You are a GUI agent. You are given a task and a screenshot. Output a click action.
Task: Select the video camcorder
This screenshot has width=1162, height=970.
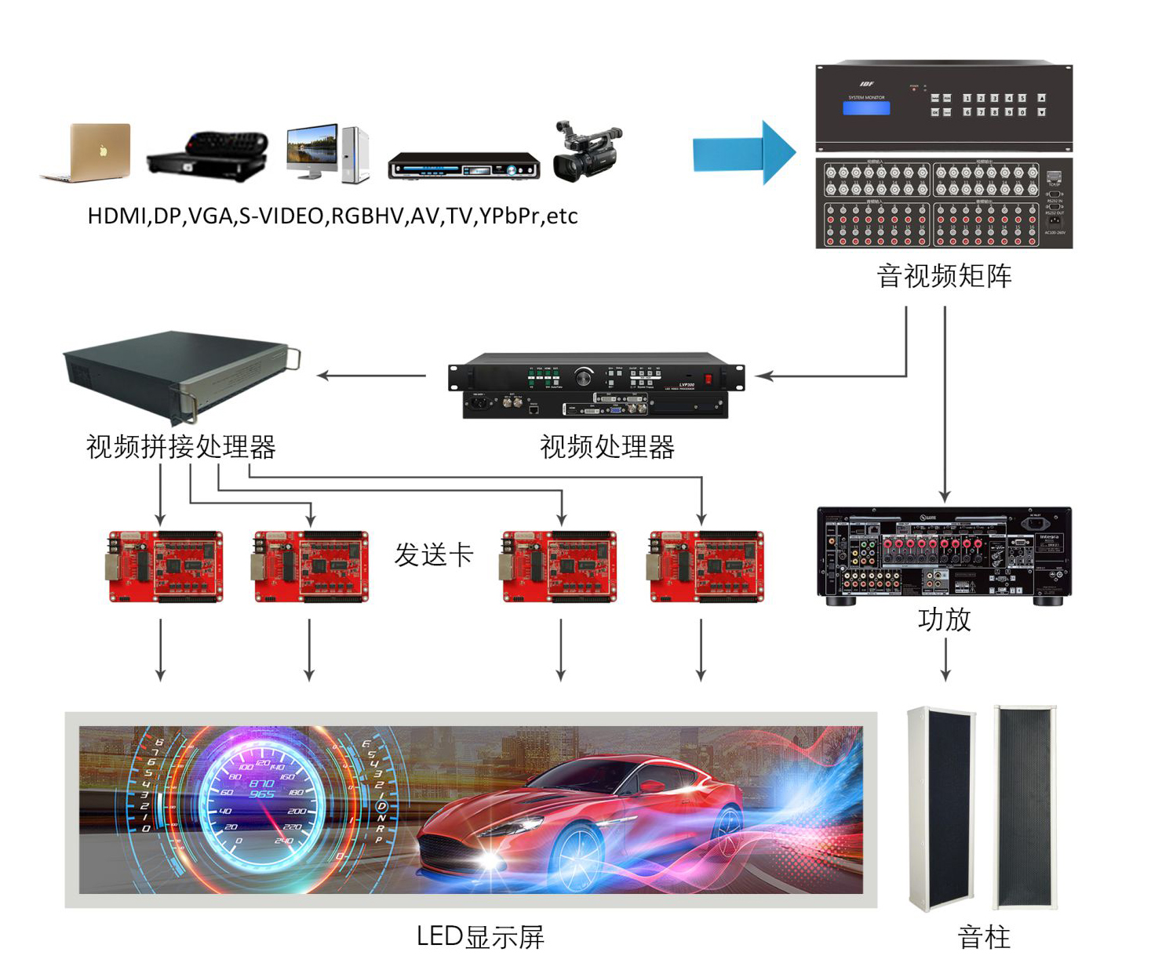[586, 152]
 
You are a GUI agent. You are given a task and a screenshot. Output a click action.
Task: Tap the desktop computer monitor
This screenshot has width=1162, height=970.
[311, 150]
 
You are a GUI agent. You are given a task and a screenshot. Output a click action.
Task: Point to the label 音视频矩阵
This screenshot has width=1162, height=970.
[944, 276]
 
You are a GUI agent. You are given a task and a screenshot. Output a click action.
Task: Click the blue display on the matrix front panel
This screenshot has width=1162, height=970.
[865, 108]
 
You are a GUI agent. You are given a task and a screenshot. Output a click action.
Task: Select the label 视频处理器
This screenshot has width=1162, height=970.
[606, 447]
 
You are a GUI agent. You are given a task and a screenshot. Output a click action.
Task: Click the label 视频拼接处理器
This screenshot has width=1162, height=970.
[180, 447]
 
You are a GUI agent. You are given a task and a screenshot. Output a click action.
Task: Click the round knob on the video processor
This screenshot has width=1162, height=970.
[583, 377]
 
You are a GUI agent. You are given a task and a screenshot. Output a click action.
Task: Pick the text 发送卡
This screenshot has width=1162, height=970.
[434, 554]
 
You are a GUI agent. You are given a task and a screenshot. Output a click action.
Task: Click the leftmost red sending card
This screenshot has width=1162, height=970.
[165, 566]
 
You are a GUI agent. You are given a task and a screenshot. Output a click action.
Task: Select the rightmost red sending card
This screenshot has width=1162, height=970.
[706, 566]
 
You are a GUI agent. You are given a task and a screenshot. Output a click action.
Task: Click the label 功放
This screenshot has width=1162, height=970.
[945, 619]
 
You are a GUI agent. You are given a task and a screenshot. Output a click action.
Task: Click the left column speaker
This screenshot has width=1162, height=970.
[940, 808]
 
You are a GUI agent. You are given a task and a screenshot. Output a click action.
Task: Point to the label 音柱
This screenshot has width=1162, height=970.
[984, 937]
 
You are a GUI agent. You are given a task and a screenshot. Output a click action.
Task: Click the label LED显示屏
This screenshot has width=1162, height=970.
[479, 937]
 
